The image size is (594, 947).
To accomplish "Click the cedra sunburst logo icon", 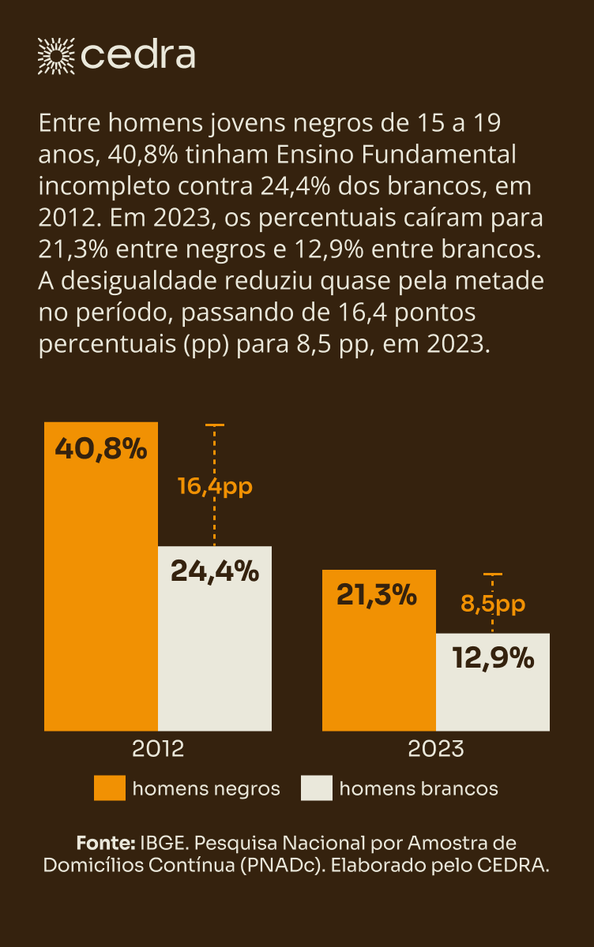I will pos(55,54).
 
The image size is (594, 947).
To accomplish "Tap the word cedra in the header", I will pos(138,55).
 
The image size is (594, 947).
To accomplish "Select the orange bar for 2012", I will pos(101,600).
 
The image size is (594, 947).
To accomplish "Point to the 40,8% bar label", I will pos(101,449).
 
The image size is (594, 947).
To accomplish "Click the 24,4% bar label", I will pos(215,571).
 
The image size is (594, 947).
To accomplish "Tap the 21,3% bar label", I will pos(377,595).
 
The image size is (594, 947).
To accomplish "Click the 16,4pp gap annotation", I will pos(215,486).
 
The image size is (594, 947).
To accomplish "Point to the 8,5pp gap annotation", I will pos(493,605).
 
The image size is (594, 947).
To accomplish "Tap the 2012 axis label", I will pos(158,748).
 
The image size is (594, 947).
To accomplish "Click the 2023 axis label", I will pos(436,748).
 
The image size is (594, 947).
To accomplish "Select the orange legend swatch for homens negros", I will pos(110,788).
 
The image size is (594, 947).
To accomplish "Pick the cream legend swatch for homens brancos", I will pos(317,788).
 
